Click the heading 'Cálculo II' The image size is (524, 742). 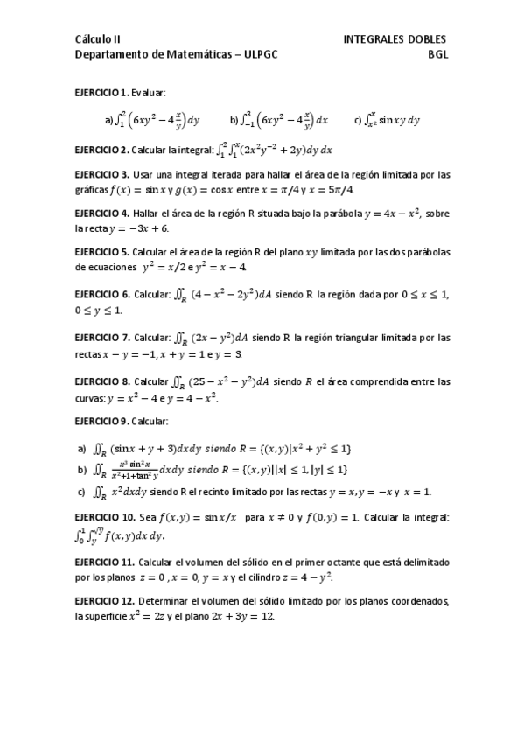click(x=98, y=39)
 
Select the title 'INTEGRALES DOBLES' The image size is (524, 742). click(x=395, y=39)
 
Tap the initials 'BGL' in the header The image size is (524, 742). click(x=437, y=53)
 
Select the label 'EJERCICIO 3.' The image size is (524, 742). click(x=102, y=174)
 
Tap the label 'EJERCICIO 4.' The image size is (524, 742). click(x=102, y=213)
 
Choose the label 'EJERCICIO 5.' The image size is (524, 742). click(x=102, y=252)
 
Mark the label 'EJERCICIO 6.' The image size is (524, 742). click(x=102, y=295)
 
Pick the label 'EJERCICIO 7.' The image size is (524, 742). click(x=102, y=338)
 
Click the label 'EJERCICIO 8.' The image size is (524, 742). click(x=102, y=381)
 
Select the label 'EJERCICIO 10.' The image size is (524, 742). click(x=105, y=518)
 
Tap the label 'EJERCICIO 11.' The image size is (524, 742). click(x=105, y=562)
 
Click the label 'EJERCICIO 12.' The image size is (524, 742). click(x=105, y=601)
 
